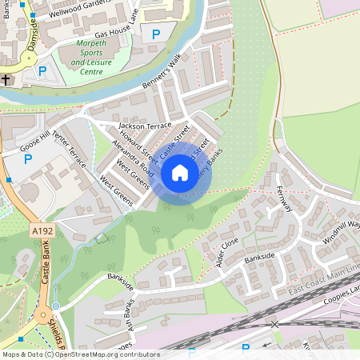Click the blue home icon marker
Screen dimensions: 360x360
pos(180,172)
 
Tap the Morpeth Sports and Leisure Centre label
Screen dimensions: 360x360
pos(97,61)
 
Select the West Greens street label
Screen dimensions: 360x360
pos(133,174)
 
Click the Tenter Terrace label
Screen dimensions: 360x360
pos(69,150)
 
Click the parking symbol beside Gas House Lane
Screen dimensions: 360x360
pos(156,34)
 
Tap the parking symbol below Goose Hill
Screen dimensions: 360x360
pos(28,159)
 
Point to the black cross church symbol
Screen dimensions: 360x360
pos(6,79)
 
